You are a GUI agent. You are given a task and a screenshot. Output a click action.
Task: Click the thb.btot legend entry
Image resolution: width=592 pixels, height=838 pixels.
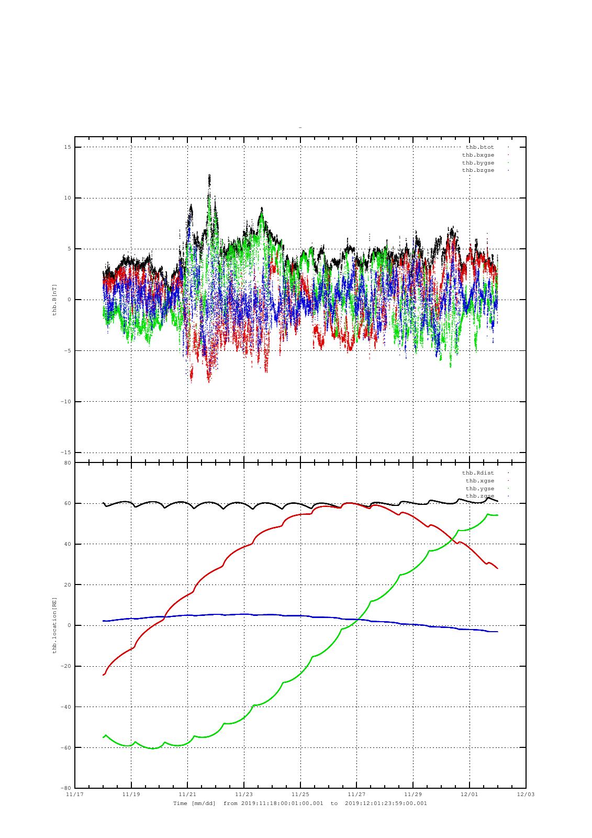[x=479, y=147]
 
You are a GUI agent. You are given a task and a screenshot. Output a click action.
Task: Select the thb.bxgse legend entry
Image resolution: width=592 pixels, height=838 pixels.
[x=477, y=155]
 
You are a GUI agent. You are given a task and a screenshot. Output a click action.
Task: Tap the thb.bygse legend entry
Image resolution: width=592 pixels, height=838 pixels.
[x=477, y=163]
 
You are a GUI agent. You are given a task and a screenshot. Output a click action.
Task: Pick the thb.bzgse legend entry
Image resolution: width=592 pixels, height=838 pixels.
[x=477, y=170]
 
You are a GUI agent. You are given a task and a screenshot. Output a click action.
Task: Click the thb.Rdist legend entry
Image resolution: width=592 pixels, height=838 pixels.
[x=477, y=473]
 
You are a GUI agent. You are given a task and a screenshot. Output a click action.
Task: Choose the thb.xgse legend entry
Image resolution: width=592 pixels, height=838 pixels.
[x=479, y=481]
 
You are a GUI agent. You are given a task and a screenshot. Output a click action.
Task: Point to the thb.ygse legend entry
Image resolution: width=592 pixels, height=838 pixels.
[x=479, y=489]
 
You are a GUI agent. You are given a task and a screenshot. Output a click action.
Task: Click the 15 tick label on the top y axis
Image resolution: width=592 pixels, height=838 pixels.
[x=68, y=147]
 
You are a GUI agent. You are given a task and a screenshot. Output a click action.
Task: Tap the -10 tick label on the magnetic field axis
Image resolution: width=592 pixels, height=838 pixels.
[x=65, y=401]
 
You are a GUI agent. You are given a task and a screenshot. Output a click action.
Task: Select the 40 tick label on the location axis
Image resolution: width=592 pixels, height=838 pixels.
[x=68, y=544]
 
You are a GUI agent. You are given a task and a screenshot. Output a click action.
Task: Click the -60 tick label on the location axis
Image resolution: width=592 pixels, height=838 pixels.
[x=65, y=747]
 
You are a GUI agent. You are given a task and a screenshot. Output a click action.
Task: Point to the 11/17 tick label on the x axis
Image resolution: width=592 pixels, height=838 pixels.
[x=74, y=795]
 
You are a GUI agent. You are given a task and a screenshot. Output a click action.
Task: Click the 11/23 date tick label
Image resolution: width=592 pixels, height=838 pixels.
[x=244, y=795]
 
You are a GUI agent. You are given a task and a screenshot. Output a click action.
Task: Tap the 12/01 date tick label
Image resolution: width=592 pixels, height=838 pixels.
[x=470, y=795]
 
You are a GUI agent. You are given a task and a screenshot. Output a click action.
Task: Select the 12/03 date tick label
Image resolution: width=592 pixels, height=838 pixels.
[x=526, y=795]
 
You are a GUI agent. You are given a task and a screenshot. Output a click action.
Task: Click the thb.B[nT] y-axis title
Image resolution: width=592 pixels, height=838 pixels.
[x=54, y=300]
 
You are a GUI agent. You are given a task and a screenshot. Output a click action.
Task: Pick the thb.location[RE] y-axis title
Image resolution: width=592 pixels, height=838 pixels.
[x=54, y=625]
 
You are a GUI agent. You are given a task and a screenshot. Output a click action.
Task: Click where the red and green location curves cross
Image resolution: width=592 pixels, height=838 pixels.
[x=454, y=539]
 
